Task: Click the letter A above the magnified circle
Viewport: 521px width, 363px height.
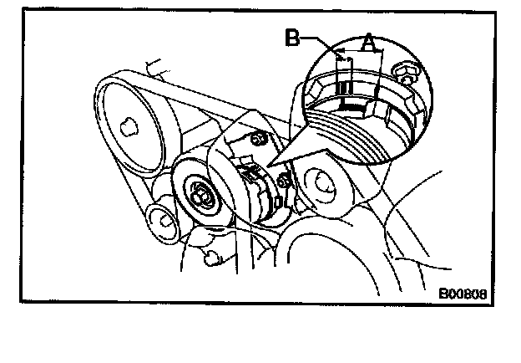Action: tap(367, 39)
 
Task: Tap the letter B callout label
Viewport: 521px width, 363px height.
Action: tap(292, 38)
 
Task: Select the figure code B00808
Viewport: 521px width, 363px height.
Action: tap(463, 294)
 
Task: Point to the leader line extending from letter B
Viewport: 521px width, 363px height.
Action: tap(321, 38)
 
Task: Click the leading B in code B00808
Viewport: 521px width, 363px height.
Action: tap(444, 294)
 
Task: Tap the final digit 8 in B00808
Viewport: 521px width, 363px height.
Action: tap(483, 294)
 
